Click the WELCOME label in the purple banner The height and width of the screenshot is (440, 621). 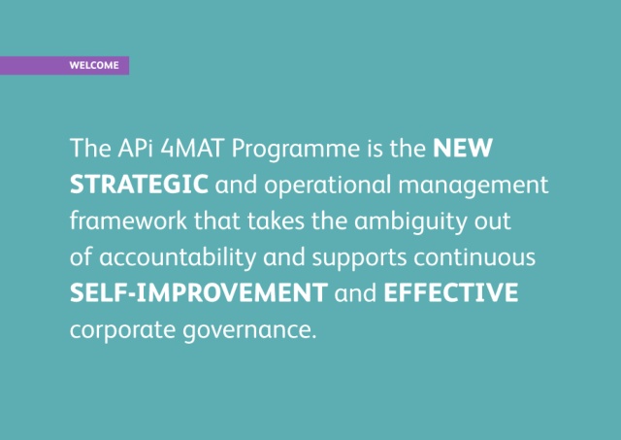pos(94,65)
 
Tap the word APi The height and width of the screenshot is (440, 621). pos(135,148)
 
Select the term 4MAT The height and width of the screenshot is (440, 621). pos(192,148)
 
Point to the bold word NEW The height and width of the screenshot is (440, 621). pos(463,148)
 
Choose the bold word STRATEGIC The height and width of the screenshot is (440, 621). pos(139,185)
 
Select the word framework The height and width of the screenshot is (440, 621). pos(128,220)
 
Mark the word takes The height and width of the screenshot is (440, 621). pos(276,220)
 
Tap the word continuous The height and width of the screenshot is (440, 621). pos(474,256)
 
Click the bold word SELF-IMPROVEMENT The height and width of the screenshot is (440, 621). pos(199,293)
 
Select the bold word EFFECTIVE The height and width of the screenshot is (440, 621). pos(450,293)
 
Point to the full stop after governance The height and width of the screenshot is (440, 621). pos(314,336)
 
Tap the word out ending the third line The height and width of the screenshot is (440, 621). pos(493,221)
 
